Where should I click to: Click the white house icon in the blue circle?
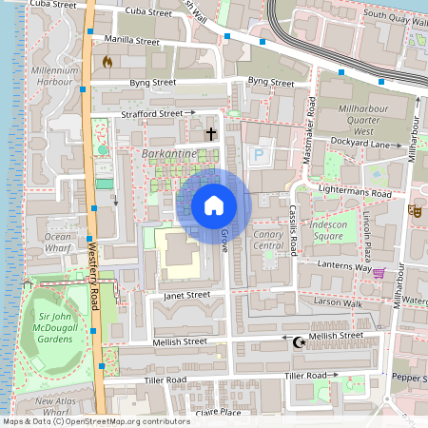coord(214,205)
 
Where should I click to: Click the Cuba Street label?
coord(52,6)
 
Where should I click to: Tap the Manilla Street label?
coord(132,41)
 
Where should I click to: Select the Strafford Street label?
coord(151,114)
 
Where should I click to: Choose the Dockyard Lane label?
coord(368,144)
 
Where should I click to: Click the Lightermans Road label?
coord(357,193)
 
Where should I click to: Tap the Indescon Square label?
coord(328,229)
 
